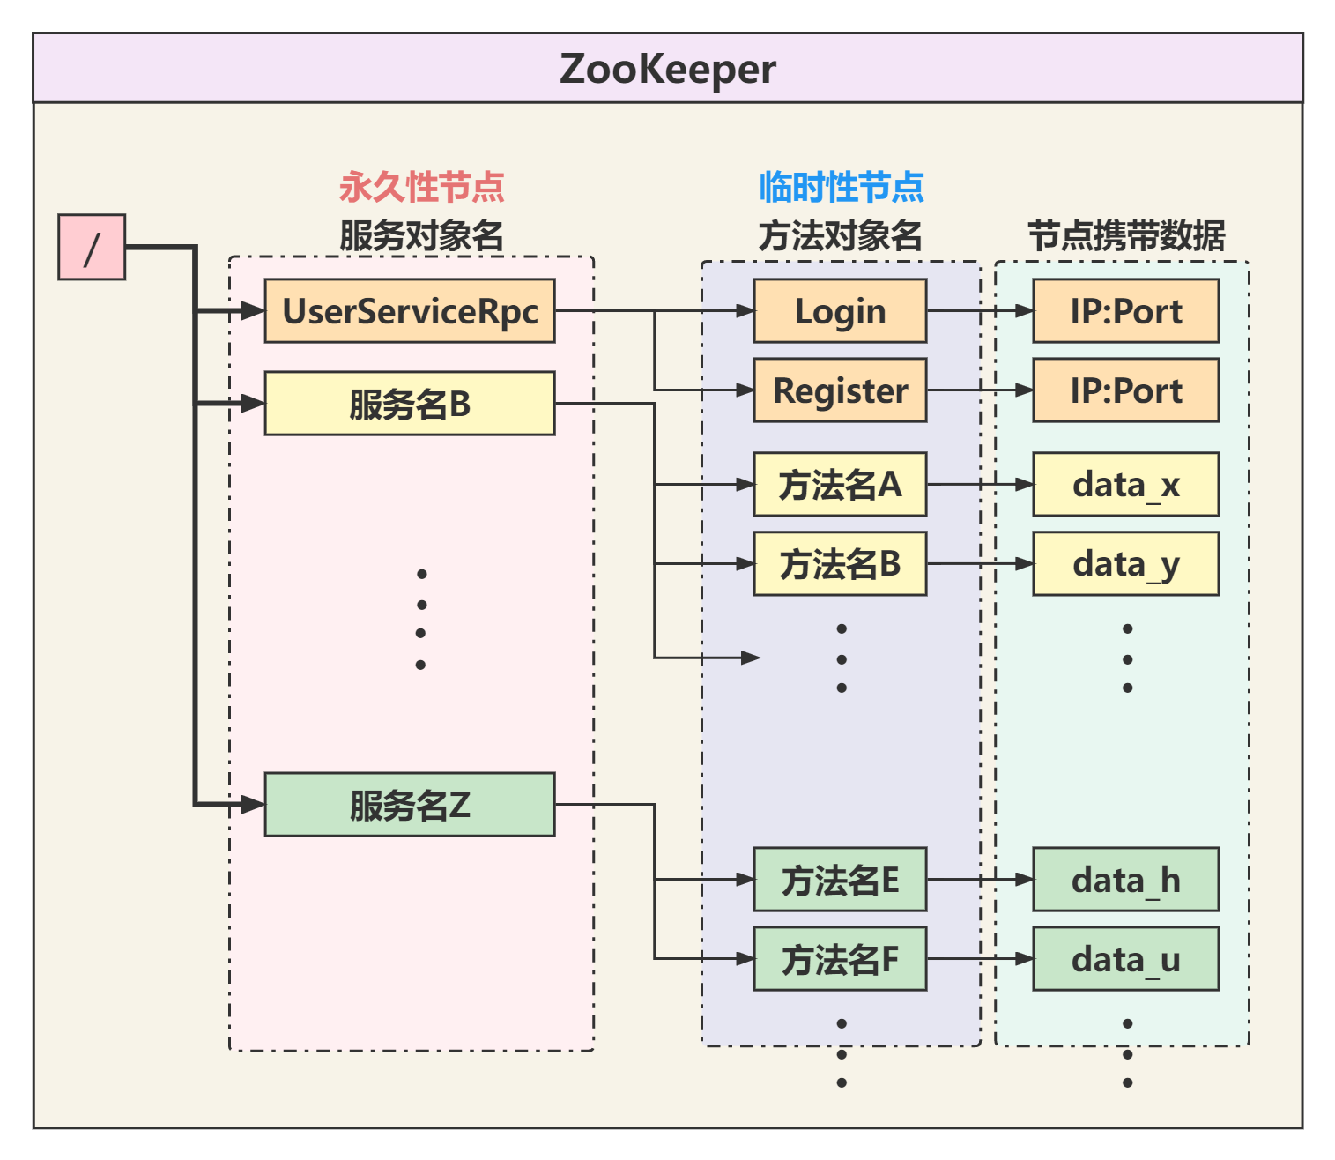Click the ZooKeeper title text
tap(667, 69)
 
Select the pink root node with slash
tap(92, 247)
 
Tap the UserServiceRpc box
tap(410, 311)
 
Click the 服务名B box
tap(410, 404)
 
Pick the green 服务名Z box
tap(410, 805)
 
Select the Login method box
tap(840, 311)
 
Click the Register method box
tap(840, 390)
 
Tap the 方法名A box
tap(840, 484)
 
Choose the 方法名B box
tap(840, 563)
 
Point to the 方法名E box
tap(840, 880)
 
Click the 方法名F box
tap(840, 959)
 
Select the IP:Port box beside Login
tap(1125, 311)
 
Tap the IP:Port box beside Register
tap(1125, 390)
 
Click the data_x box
tap(1125, 484)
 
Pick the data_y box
tap(1125, 563)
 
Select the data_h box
tap(1125, 880)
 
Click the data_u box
tap(1125, 959)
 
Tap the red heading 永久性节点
tap(421, 187)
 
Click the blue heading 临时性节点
tap(841, 187)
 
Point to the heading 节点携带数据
tap(1126, 236)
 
